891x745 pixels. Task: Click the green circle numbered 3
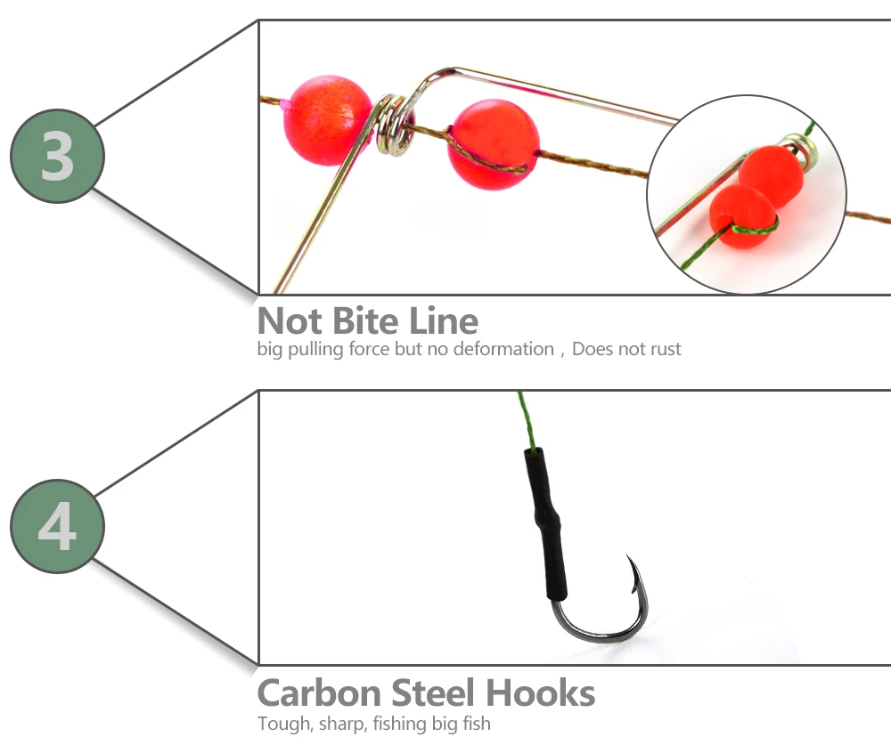(57, 156)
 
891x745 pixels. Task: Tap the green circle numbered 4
(57, 526)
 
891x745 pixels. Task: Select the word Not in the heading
(290, 320)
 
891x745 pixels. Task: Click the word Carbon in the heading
(319, 693)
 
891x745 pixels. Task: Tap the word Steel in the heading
(433, 693)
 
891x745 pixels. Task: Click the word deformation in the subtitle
(503, 349)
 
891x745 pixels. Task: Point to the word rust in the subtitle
(666, 349)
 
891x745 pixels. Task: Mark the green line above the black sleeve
(527, 420)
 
